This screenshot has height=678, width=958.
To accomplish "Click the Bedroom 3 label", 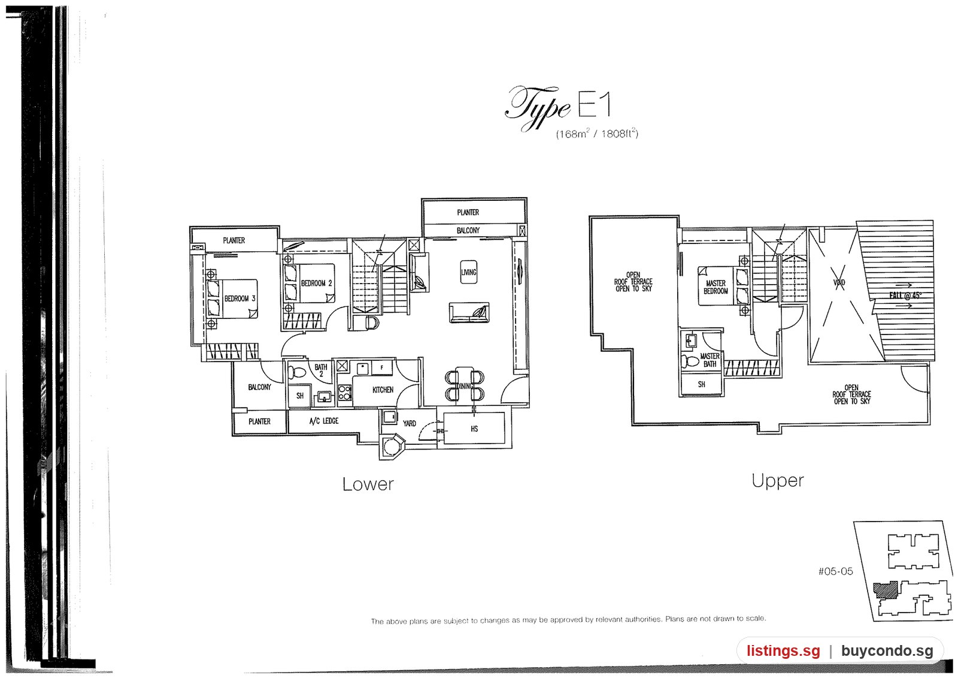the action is [240, 299].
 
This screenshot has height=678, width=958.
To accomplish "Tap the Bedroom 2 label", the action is [317, 283].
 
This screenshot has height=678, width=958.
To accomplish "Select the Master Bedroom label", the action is [716, 287].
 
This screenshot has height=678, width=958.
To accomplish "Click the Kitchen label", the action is [383, 390].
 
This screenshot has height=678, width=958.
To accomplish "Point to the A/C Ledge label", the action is [324, 421].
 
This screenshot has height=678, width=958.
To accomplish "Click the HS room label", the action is [474, 429].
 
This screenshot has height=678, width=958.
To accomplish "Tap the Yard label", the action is [410, 423].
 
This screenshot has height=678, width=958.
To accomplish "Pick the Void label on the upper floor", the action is [839, 283].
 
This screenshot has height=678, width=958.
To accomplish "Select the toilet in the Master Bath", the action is [690, 361].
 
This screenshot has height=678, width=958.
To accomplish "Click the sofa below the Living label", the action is [469, 313].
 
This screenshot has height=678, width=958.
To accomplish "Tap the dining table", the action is [465, 385].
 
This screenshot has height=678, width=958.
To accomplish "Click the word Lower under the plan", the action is [368, 484].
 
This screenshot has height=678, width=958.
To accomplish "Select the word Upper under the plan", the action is [778, 481].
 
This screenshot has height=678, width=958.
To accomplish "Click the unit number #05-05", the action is [835, 571].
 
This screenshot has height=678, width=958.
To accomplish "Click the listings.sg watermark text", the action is [784, 651].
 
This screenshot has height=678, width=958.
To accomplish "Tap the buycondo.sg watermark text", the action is [887, 651].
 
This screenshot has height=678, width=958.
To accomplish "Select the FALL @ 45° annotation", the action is [905, 295].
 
